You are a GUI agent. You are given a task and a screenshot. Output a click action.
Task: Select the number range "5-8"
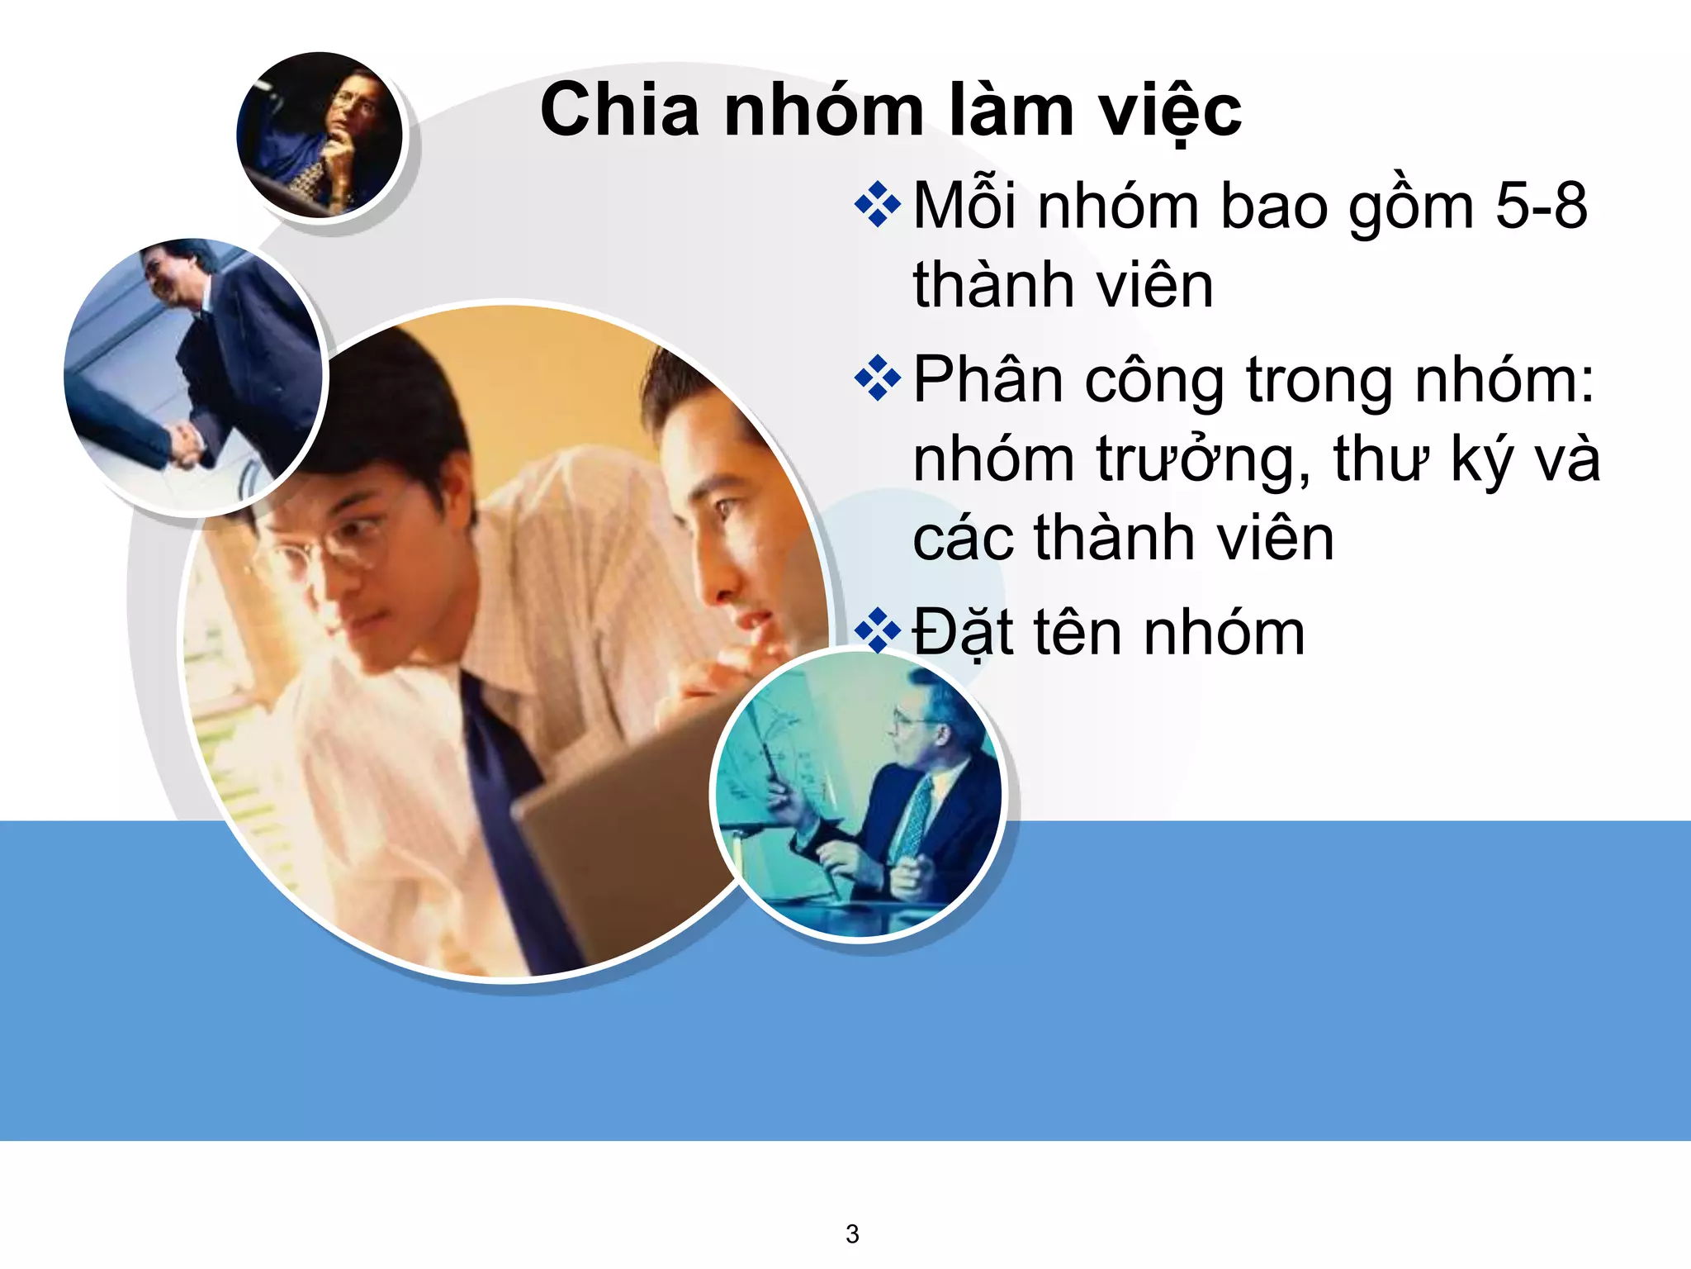[x=1541, y=206]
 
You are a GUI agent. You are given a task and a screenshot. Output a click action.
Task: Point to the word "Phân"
[x=988, y=380]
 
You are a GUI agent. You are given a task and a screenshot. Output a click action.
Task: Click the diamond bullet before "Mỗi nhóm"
[x=877, y=204]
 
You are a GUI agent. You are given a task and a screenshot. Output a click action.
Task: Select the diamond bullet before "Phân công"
[x=877, y=378]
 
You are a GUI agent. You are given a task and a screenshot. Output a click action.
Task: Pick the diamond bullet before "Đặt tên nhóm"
[x=877, y=632]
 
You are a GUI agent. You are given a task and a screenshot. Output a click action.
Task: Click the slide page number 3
[x=852, y=1233]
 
